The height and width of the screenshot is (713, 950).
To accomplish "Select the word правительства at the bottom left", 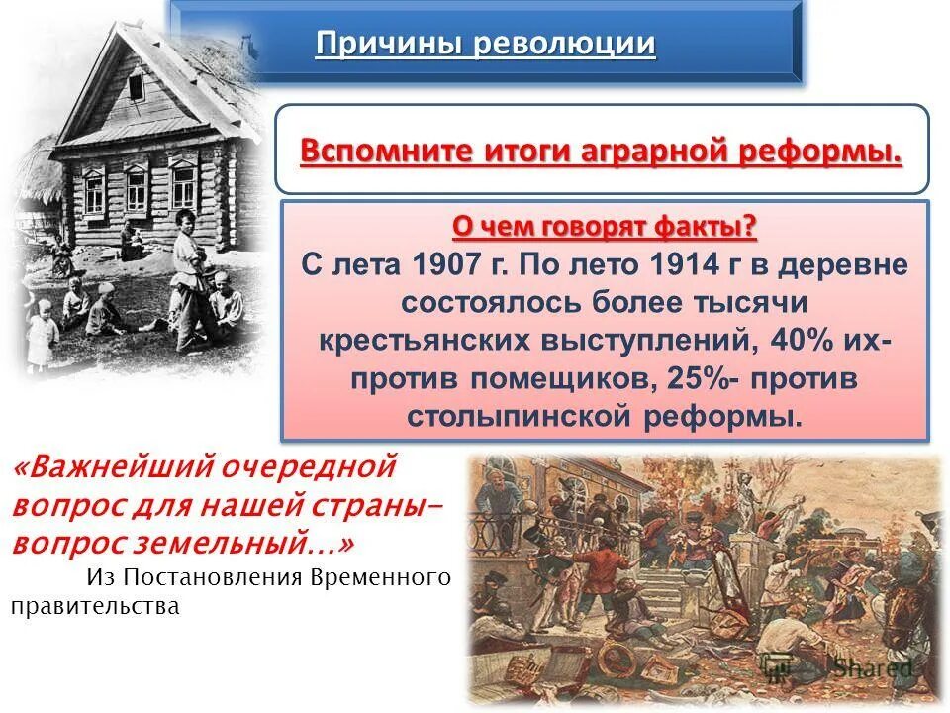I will pos(95,605).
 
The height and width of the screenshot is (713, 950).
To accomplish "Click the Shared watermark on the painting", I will pos(871,667).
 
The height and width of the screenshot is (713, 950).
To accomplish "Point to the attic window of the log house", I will pos(137,86).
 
